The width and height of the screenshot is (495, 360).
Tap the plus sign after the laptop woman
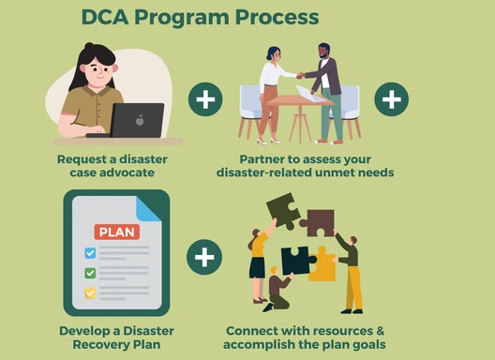pos(205,98)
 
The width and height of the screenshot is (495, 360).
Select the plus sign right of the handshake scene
pos(391,98)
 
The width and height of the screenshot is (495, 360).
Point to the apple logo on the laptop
pos(139,120)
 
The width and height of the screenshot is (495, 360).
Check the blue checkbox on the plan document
pos(90,253)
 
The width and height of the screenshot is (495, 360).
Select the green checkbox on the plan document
pos(90,273)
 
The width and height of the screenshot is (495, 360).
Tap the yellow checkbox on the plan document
pos(90,292)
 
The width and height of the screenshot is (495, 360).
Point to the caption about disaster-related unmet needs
pos(305,166)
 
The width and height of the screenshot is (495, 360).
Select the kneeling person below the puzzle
pos(277,288)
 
